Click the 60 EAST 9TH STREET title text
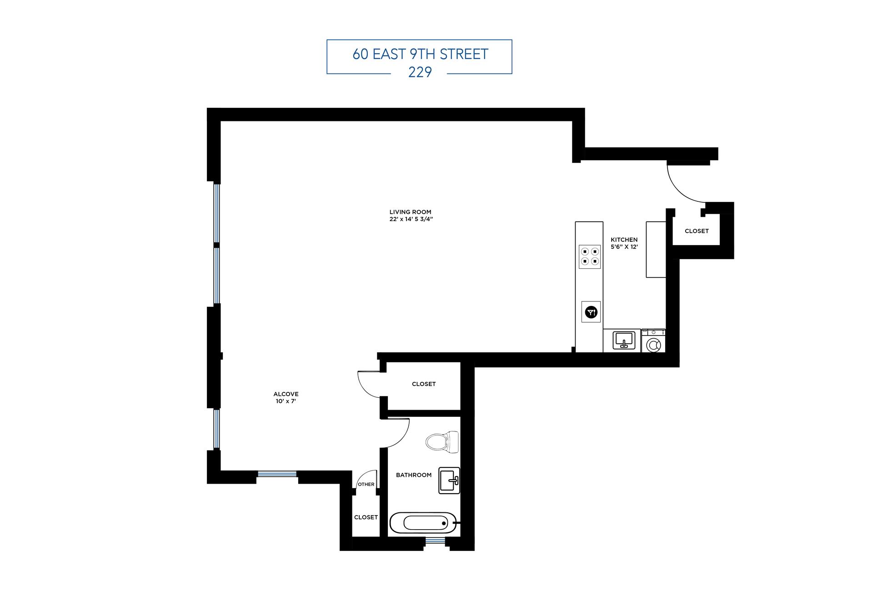[x=420, y=54]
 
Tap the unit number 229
[x=420, y=72]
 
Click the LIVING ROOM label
[x=410, y=212]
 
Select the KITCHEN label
[x=624, y=240]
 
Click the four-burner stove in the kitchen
[x=589, y=257]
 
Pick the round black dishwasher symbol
[x=591, y=312]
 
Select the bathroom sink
[x=449, y=481]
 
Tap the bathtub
[x=423, y=523]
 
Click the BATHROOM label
[x=413, y=475]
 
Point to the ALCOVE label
[x=286, y=394]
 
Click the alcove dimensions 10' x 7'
[x=286, y=401]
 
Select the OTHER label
[x=366, y=485]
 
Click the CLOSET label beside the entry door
[x=697, y=231]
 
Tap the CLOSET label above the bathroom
[x=424, y=384]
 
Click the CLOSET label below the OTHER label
[x=366, y=517]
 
